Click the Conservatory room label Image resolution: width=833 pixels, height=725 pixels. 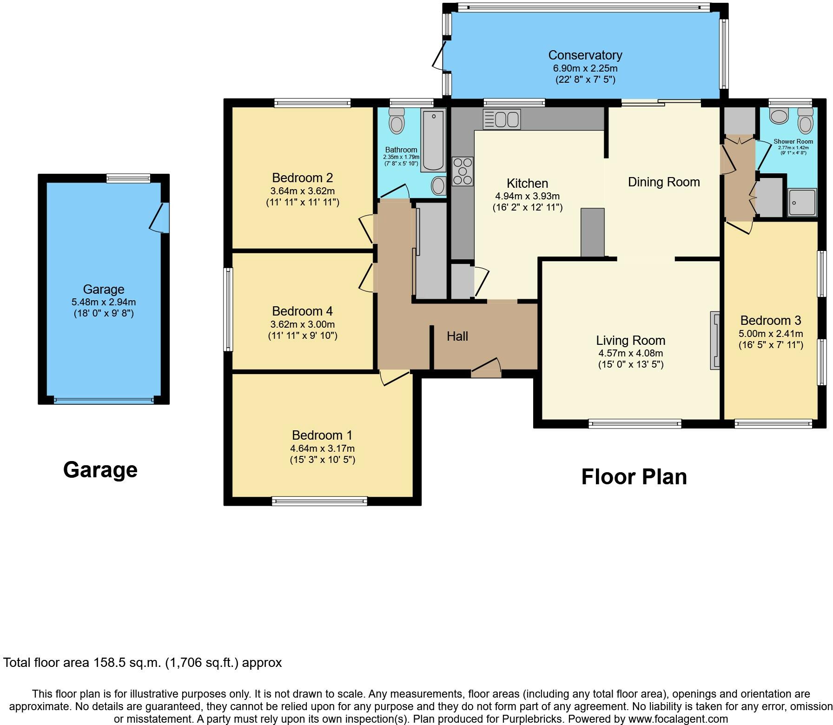(x=585, y=55)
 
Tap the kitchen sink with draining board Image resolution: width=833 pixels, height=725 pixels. (x=502, y=119)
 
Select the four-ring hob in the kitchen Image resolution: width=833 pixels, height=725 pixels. (x=463, y=171)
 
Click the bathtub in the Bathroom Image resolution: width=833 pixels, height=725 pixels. (x=433, y=140)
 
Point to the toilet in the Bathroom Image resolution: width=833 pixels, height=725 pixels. (x=397, y=121)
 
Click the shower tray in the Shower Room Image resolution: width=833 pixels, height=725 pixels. (x=802, y=203)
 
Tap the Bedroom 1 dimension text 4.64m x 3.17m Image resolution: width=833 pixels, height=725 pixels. (x=322, y=448)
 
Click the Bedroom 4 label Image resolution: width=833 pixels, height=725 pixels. (x=302, y=311)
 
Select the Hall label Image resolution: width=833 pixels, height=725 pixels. (x=457, y=336)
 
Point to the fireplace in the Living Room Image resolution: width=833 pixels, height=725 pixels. (x=714, y=340)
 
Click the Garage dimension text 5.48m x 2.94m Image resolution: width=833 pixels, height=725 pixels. (x=104, y=302)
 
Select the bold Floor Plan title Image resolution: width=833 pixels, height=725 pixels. (x=634, y=477)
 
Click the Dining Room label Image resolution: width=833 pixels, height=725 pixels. (x=664, y=182)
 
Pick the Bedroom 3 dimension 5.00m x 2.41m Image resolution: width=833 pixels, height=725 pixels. (x=771, y=334)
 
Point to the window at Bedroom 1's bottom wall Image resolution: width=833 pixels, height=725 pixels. (x=319, y=501)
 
